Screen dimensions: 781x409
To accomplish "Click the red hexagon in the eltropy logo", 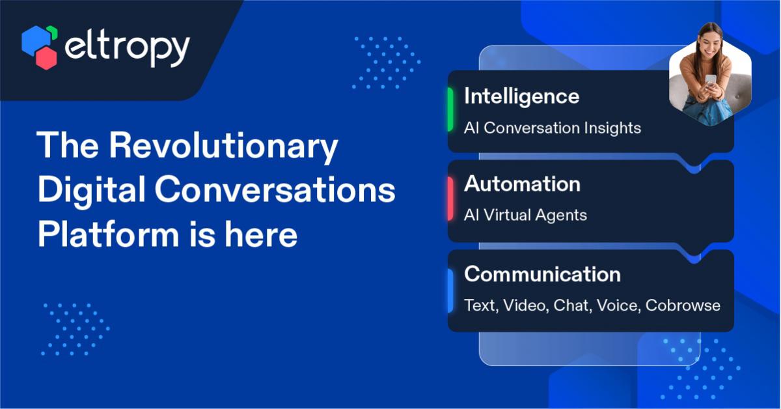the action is pos(46,57).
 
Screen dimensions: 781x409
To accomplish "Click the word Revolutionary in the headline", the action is pos(223,146).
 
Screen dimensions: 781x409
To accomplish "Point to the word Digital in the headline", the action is pos(91,190).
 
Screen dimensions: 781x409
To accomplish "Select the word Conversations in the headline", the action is pos(275,190).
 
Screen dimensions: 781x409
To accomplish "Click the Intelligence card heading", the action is pos(521,97).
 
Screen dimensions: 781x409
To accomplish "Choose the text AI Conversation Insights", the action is pos(553,128).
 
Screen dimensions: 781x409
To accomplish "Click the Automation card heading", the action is pos(522,184).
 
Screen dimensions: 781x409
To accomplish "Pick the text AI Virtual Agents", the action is pos(525,215).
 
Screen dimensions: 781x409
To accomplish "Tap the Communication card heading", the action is pos(543,274).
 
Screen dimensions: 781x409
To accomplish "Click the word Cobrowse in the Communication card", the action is pos(683,305).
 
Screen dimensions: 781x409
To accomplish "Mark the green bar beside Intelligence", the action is pos(450,109).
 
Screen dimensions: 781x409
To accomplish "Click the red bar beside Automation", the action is pos(450,199).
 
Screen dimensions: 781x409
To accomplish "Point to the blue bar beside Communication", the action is pos(450,290).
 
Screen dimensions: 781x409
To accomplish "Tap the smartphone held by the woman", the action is pos(711,81).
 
